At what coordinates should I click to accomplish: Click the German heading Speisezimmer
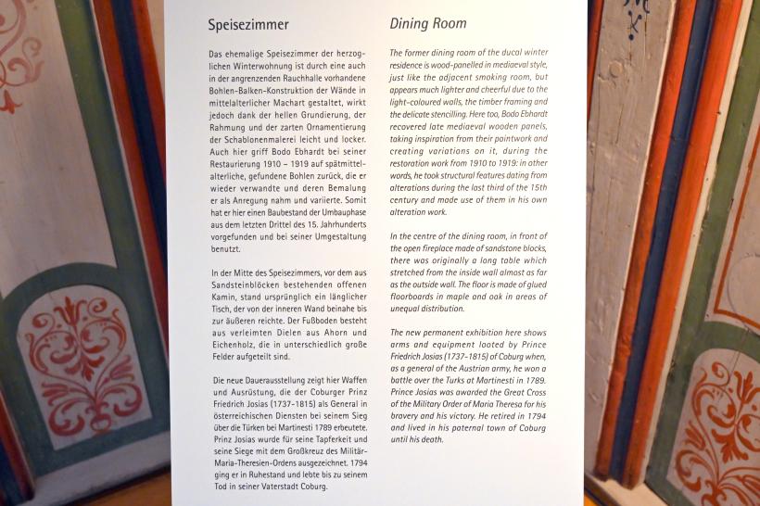(x=247, y=25)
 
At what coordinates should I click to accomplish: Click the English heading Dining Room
(x=428, y=23)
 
